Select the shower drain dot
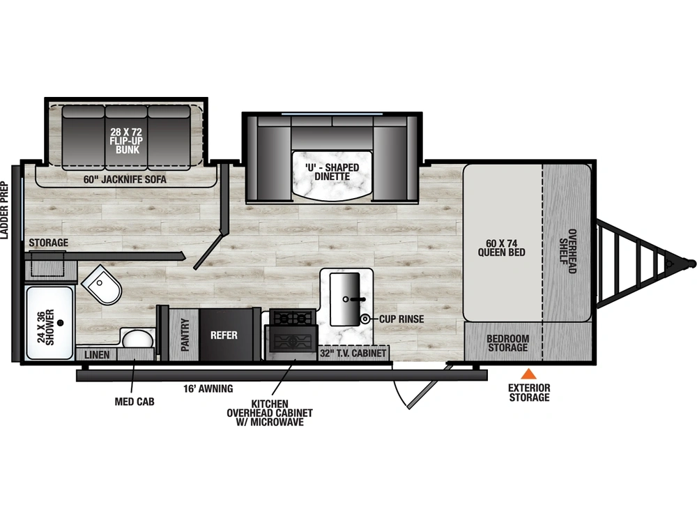point(61,323)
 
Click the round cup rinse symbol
point(365,319)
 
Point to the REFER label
point(224,335)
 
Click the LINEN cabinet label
point(97,355)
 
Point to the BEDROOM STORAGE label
point(507,343)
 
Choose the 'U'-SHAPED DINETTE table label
point(332,172)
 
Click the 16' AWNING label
point(208,388)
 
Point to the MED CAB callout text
point(135,402)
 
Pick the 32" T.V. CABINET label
point(353,354)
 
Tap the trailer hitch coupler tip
point(691,263)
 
